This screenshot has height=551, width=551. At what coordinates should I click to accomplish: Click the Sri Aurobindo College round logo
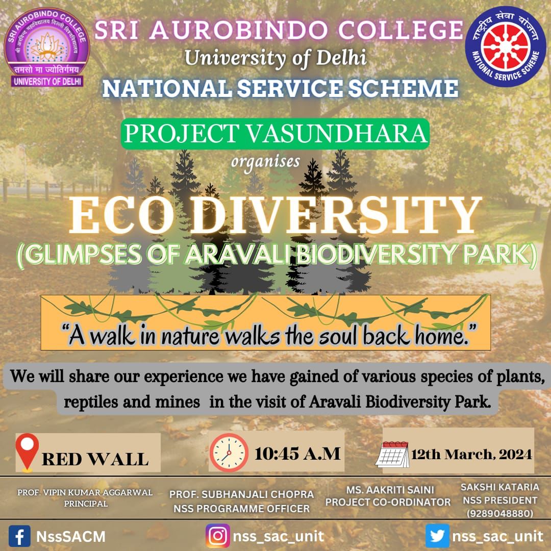coord(47,47)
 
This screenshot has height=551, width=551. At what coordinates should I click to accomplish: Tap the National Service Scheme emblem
coord(506,46)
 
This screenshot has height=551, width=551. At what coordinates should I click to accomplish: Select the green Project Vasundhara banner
coord(275,134)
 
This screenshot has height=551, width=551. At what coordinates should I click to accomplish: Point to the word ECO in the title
coord(122,215)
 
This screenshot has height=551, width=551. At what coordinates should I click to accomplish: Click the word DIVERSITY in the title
coord(336,215)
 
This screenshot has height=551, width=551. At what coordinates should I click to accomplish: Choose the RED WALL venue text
coord(95,459)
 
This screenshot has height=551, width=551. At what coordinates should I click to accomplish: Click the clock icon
coord(229,452)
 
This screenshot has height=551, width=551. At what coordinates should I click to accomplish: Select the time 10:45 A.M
coord(297,454)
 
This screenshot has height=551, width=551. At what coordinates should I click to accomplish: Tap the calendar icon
coord(392,455)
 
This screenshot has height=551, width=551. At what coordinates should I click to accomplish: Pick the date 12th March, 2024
coord(471,455)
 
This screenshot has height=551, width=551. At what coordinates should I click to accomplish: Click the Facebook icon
coord(19,536)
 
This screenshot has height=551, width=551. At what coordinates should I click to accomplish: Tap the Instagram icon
coord(218,536)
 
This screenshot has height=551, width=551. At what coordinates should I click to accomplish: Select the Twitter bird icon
coord(437,536)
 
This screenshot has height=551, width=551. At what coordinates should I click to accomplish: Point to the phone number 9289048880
coord(499,513)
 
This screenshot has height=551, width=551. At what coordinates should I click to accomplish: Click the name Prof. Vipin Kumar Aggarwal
coord(85,492)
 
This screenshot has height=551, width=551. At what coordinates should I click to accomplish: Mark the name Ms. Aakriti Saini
coord(390,490)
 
